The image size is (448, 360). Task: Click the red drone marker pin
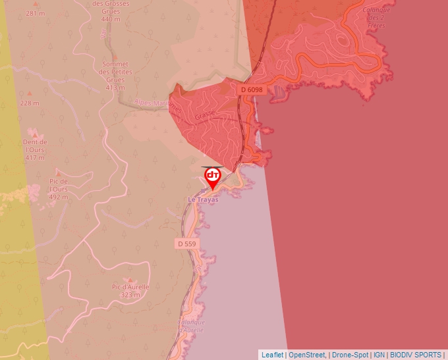coord(213,176)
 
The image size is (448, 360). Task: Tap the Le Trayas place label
coord(203,199)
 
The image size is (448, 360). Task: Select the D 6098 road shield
coord(252,90)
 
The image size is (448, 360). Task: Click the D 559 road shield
coord(186,244)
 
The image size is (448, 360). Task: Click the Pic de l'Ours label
coord(59,189)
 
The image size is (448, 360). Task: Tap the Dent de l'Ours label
coord(35,149)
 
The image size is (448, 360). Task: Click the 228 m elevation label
coord(29,103)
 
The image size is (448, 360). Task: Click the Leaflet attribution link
coord(272,355)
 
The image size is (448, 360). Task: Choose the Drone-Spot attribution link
coord(350,355)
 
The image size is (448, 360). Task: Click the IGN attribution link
coord(379,355)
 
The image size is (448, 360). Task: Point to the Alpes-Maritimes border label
coord(156,103)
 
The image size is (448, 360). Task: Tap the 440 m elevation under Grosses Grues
coord(110,19)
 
